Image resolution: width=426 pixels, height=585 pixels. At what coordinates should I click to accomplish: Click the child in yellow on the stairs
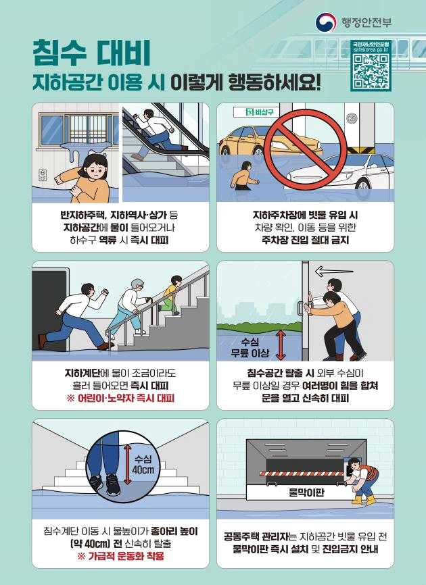[x=173, y=290]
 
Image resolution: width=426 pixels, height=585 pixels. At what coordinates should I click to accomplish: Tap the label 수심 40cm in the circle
[x=143, y=463]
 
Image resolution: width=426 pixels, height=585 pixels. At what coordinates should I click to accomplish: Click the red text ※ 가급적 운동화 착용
[x=120, y=557]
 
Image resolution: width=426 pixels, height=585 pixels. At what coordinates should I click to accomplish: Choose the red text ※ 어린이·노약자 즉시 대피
[x=120, y=399]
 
